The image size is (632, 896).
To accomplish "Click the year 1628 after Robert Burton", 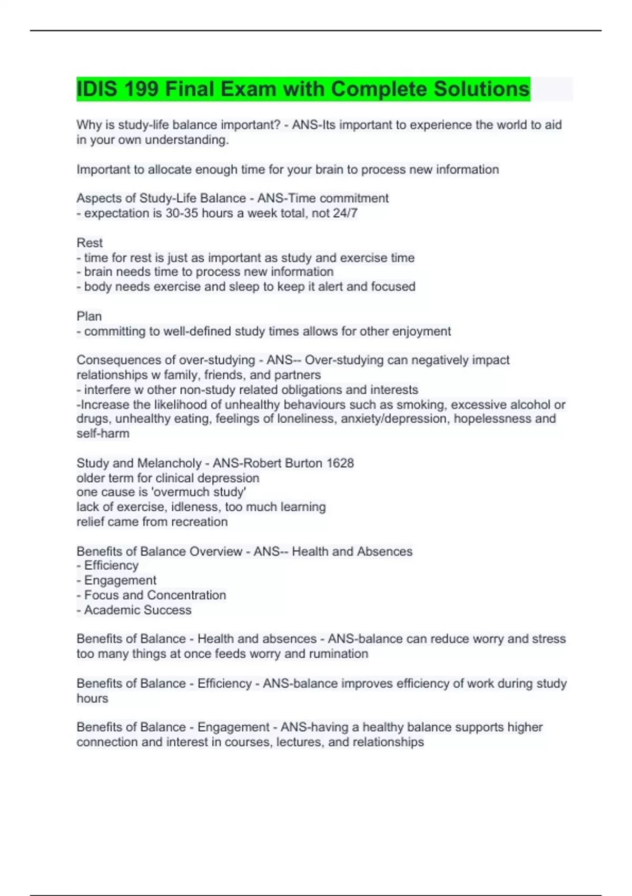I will (x=340, y=463).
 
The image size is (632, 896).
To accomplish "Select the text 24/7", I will (x=345, y=213).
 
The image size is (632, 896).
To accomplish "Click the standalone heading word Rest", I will (x=90, y=243).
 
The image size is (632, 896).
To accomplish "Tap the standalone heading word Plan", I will (x=89, y=316).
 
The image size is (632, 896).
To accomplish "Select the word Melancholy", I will (x=169, y=463).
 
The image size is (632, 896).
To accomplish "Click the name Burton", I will (x=303, y=463).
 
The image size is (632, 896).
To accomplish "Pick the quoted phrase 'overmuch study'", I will (x=211, y=492).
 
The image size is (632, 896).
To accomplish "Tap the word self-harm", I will (x=103, y=434).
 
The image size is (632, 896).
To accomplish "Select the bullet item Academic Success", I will (x=137, y=610).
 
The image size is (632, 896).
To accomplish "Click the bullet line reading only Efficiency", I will (x=111, y=566).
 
